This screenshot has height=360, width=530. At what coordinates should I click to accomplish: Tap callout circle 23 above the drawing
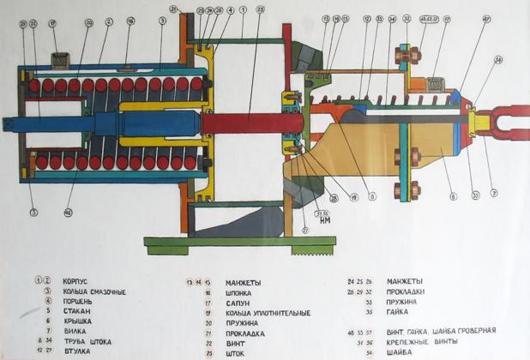[261, 11]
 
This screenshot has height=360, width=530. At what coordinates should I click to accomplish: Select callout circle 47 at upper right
[486, 18]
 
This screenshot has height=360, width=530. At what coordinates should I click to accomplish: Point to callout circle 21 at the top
[175, 9]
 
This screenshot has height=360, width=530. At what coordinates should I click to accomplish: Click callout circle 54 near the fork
[497, 59]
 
